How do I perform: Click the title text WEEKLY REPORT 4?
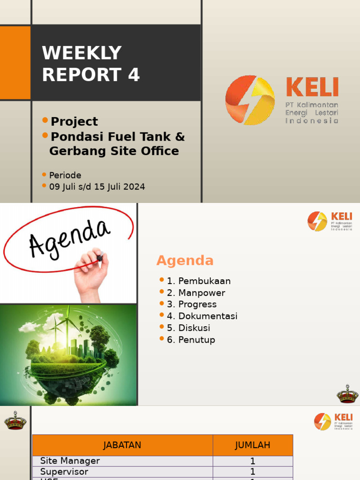(91, 64)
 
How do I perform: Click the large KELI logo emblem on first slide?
(250, 100)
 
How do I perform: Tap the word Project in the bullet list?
(74, 121)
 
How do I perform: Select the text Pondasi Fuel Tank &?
(118, 137)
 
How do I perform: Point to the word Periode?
(65, 175)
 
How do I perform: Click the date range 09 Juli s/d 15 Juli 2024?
(97, 187)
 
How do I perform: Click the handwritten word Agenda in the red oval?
(69, 238)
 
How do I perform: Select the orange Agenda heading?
(185, 261)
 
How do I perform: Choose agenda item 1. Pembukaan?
(199, 281)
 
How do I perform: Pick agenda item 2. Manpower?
(196, 293)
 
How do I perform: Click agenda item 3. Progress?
(192, 304)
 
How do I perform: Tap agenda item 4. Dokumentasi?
(202, 316)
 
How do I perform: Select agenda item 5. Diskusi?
(188, 328)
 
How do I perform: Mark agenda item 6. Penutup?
(191, 340)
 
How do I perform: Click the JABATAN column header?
(122, 445)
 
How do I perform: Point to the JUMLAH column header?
(253, 445)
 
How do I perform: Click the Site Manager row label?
(70, 461)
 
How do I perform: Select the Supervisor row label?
(64, 472)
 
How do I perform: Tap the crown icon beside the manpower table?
(15, 421)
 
